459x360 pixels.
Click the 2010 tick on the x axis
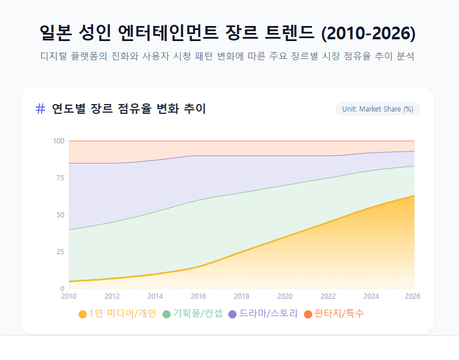click(69, 296)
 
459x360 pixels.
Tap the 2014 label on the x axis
click(155, 296)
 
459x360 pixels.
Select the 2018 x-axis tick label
click(242, 296)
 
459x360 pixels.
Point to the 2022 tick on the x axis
click(328, 296)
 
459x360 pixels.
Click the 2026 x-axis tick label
click(412, 296)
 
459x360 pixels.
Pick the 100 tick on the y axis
click(58, 141)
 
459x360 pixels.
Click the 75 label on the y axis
click(60, 178)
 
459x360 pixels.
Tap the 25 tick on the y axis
click(60, 252)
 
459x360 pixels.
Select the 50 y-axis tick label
click(60, 215)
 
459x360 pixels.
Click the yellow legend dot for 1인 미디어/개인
click(83, 314)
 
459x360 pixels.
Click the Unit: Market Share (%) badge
click(377, 109)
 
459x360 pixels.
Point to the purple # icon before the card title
click(40, 109)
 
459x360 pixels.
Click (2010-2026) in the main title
click(368, 33)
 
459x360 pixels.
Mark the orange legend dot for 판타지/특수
click(308, 314)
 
